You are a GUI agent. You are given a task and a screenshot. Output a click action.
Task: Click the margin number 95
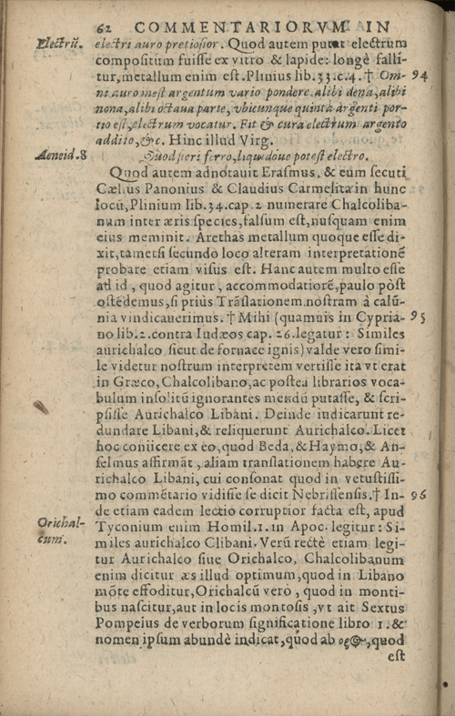pos(420,318)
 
